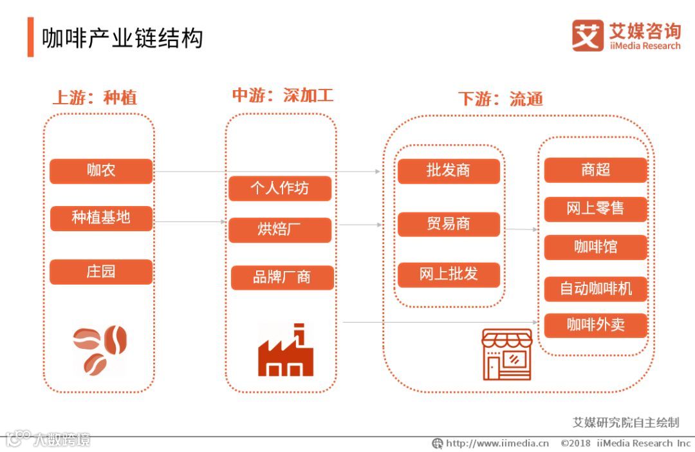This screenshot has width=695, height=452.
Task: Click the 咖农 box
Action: tap(101, 171)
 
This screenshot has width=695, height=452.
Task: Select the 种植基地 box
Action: tap(101, 218)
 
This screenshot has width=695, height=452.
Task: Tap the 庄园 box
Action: tap(101, 272)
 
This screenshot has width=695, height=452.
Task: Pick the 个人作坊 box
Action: tap(280, 188)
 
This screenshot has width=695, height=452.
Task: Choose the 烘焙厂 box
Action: tap(280, 230)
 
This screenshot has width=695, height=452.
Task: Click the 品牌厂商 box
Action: tap(282, 278)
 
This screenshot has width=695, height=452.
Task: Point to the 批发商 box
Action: tap(449, 171)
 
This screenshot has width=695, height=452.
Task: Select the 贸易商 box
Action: tap(449, 224)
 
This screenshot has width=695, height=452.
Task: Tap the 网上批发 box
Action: tap(449, 274)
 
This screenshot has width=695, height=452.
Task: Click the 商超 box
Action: tap(595, 170)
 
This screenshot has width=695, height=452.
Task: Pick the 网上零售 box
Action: tap(595, 209)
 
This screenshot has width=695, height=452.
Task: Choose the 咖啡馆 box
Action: tap(595, 247)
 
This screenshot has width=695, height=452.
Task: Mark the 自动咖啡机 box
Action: tap(595, 288)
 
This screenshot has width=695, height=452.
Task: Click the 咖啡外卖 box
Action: tap(595, 325)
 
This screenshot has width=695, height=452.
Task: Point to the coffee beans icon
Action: tap(100, 350)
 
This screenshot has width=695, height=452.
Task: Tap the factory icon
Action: tap(285, 352)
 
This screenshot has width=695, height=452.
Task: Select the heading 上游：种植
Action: tap(94, 98)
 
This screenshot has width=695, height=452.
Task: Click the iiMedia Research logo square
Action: tap(587, 35)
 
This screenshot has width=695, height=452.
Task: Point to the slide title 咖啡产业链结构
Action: tap(122, 39)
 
